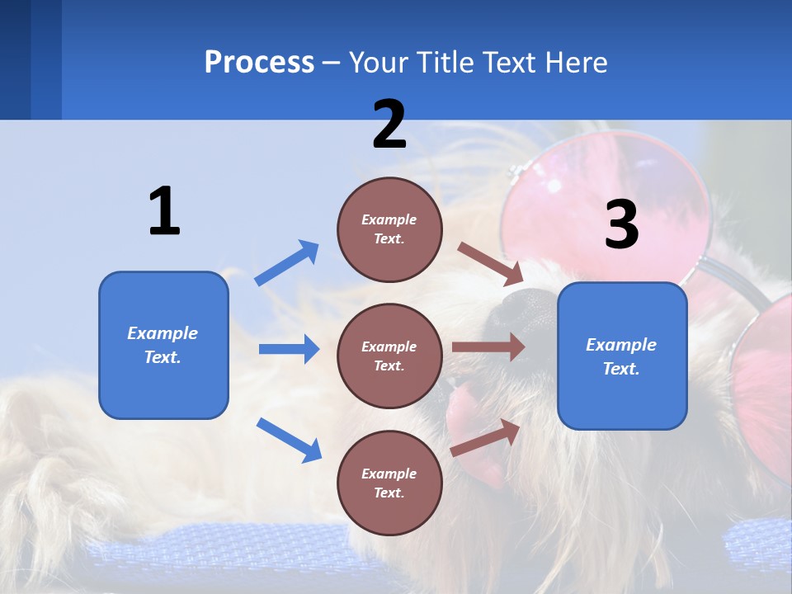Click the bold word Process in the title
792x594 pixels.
click(259, 63)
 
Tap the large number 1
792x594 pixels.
click(164, 211)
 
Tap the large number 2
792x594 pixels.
click(389, 124)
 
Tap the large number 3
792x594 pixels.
click(622, 224)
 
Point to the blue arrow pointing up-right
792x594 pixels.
click(287, 262)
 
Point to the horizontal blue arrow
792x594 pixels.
click(289, 349)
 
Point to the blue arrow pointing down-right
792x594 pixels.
click(289, 439)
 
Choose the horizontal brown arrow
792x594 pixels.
click(488, 347)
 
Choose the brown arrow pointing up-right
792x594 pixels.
click(485, 436)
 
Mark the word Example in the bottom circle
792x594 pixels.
click(389, 474)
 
